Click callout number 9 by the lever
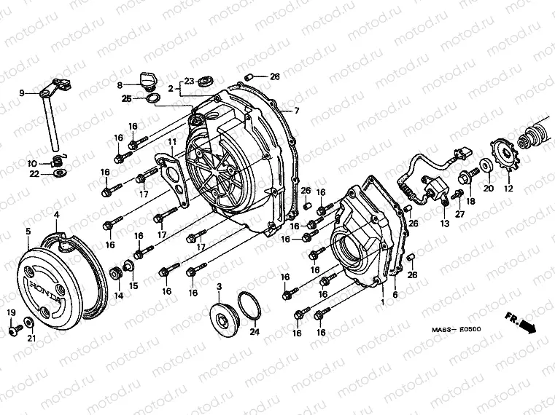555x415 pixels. click(21, 92)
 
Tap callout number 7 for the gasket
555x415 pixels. click(297, 111)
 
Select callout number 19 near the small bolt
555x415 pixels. click(11, 312)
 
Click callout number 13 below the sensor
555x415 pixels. click(444, 224)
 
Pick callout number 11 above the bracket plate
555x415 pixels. click(172, 141)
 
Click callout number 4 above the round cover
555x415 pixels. click(57, 215)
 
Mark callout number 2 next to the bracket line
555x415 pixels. click(171, 88)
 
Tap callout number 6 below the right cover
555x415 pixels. click(396, 295)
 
